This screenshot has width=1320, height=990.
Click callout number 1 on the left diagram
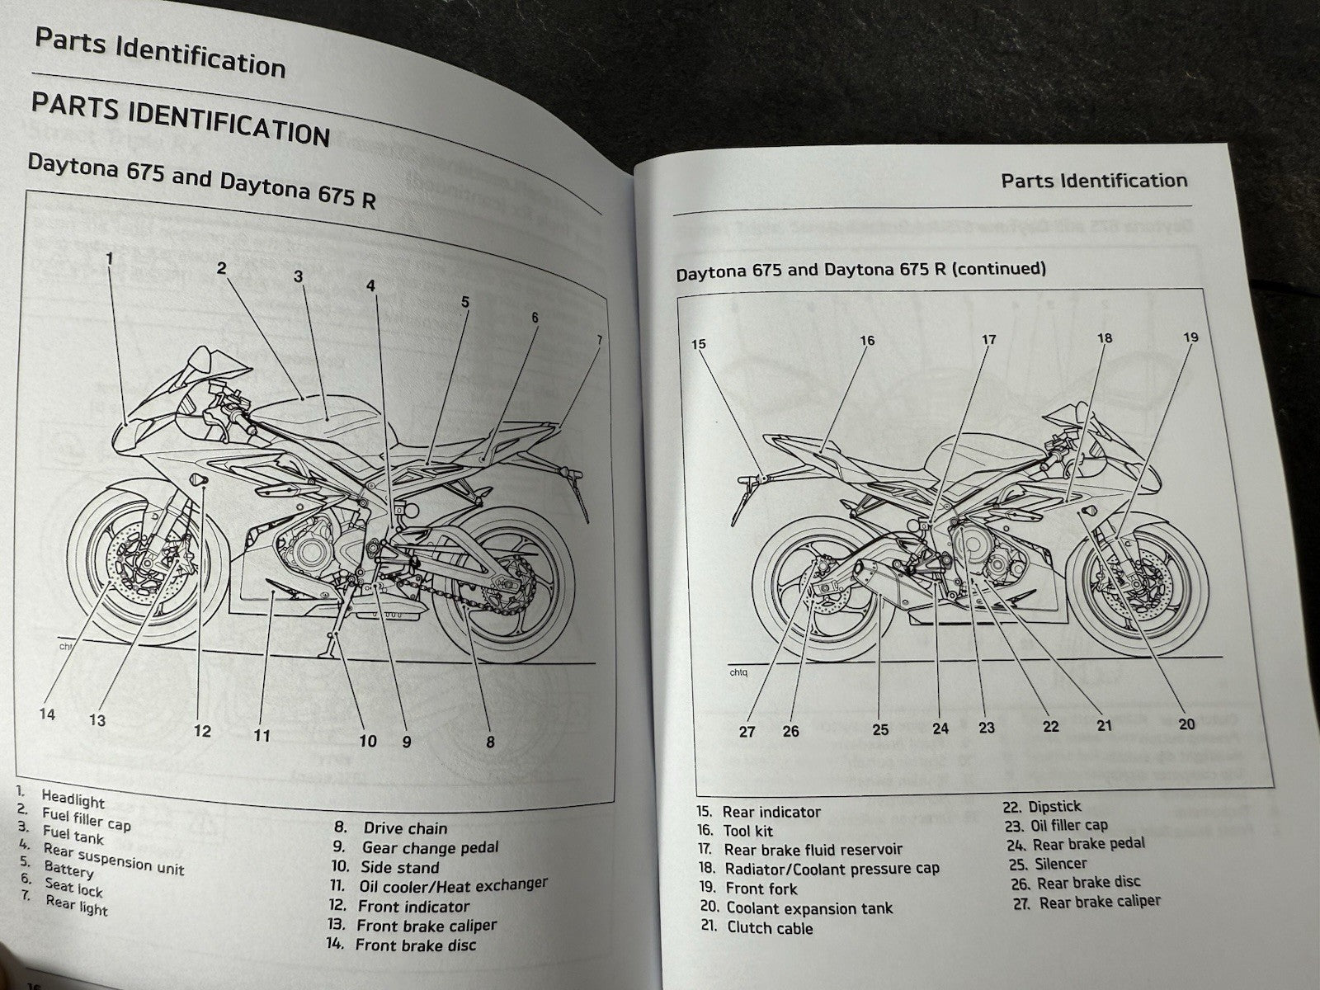tap(109, 258)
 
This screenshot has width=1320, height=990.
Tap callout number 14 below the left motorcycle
tap(47, 714)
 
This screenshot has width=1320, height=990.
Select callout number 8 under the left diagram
tap(490, 742)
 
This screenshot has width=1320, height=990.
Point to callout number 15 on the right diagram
tap(699, 344)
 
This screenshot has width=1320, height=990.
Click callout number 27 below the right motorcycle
tap(747, 731)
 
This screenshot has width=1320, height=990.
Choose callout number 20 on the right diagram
tap(1186, 724)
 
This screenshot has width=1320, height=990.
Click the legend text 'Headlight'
tap(73, 799)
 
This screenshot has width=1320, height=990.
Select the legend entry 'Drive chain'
tap(405, 828)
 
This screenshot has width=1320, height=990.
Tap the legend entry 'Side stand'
tap(399, 867)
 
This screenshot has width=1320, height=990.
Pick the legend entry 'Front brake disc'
tap(415, 945)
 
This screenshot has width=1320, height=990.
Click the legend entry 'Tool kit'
tap(748, 831)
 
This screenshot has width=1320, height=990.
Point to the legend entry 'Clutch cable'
tap(770, 928)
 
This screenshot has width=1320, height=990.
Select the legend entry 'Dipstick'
tap(1054, 806)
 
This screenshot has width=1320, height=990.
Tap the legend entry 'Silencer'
tap(1060, 864)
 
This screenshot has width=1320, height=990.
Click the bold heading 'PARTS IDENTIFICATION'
tap(180, 120)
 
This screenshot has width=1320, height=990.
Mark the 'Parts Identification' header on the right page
tap(1094, 181)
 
